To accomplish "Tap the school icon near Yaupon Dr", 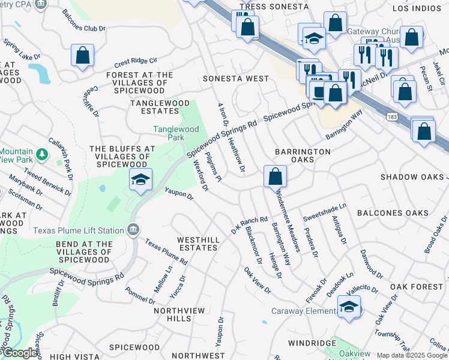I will click(x=140, y=179).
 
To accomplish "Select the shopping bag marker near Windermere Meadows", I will click(x=275, y=176).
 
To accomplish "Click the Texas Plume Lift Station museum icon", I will click(x=133, y=230).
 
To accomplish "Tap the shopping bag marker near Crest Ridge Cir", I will click(x=83, y=55).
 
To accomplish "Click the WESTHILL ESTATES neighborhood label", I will click(x=197, y=244).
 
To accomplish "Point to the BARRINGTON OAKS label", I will click(x=303, y=156).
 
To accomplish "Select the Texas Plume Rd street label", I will click(x=166, y=252).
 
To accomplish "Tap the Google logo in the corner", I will click(x=19, y=353).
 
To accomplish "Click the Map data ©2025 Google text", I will click(x=412, y=355).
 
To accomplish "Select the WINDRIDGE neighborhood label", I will click(x=312, y=343).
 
